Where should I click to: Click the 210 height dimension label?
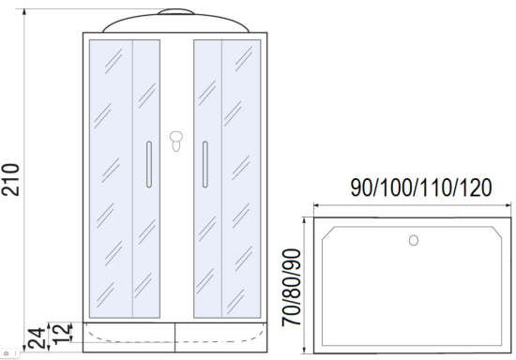10,180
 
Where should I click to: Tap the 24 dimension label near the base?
37,338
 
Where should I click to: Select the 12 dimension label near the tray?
62,334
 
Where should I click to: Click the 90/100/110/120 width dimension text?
421,187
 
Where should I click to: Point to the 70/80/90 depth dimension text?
291,288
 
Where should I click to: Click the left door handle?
149,164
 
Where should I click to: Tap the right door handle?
205,164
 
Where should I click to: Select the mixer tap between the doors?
176,141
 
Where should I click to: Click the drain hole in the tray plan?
414,240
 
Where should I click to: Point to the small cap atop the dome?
175,12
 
